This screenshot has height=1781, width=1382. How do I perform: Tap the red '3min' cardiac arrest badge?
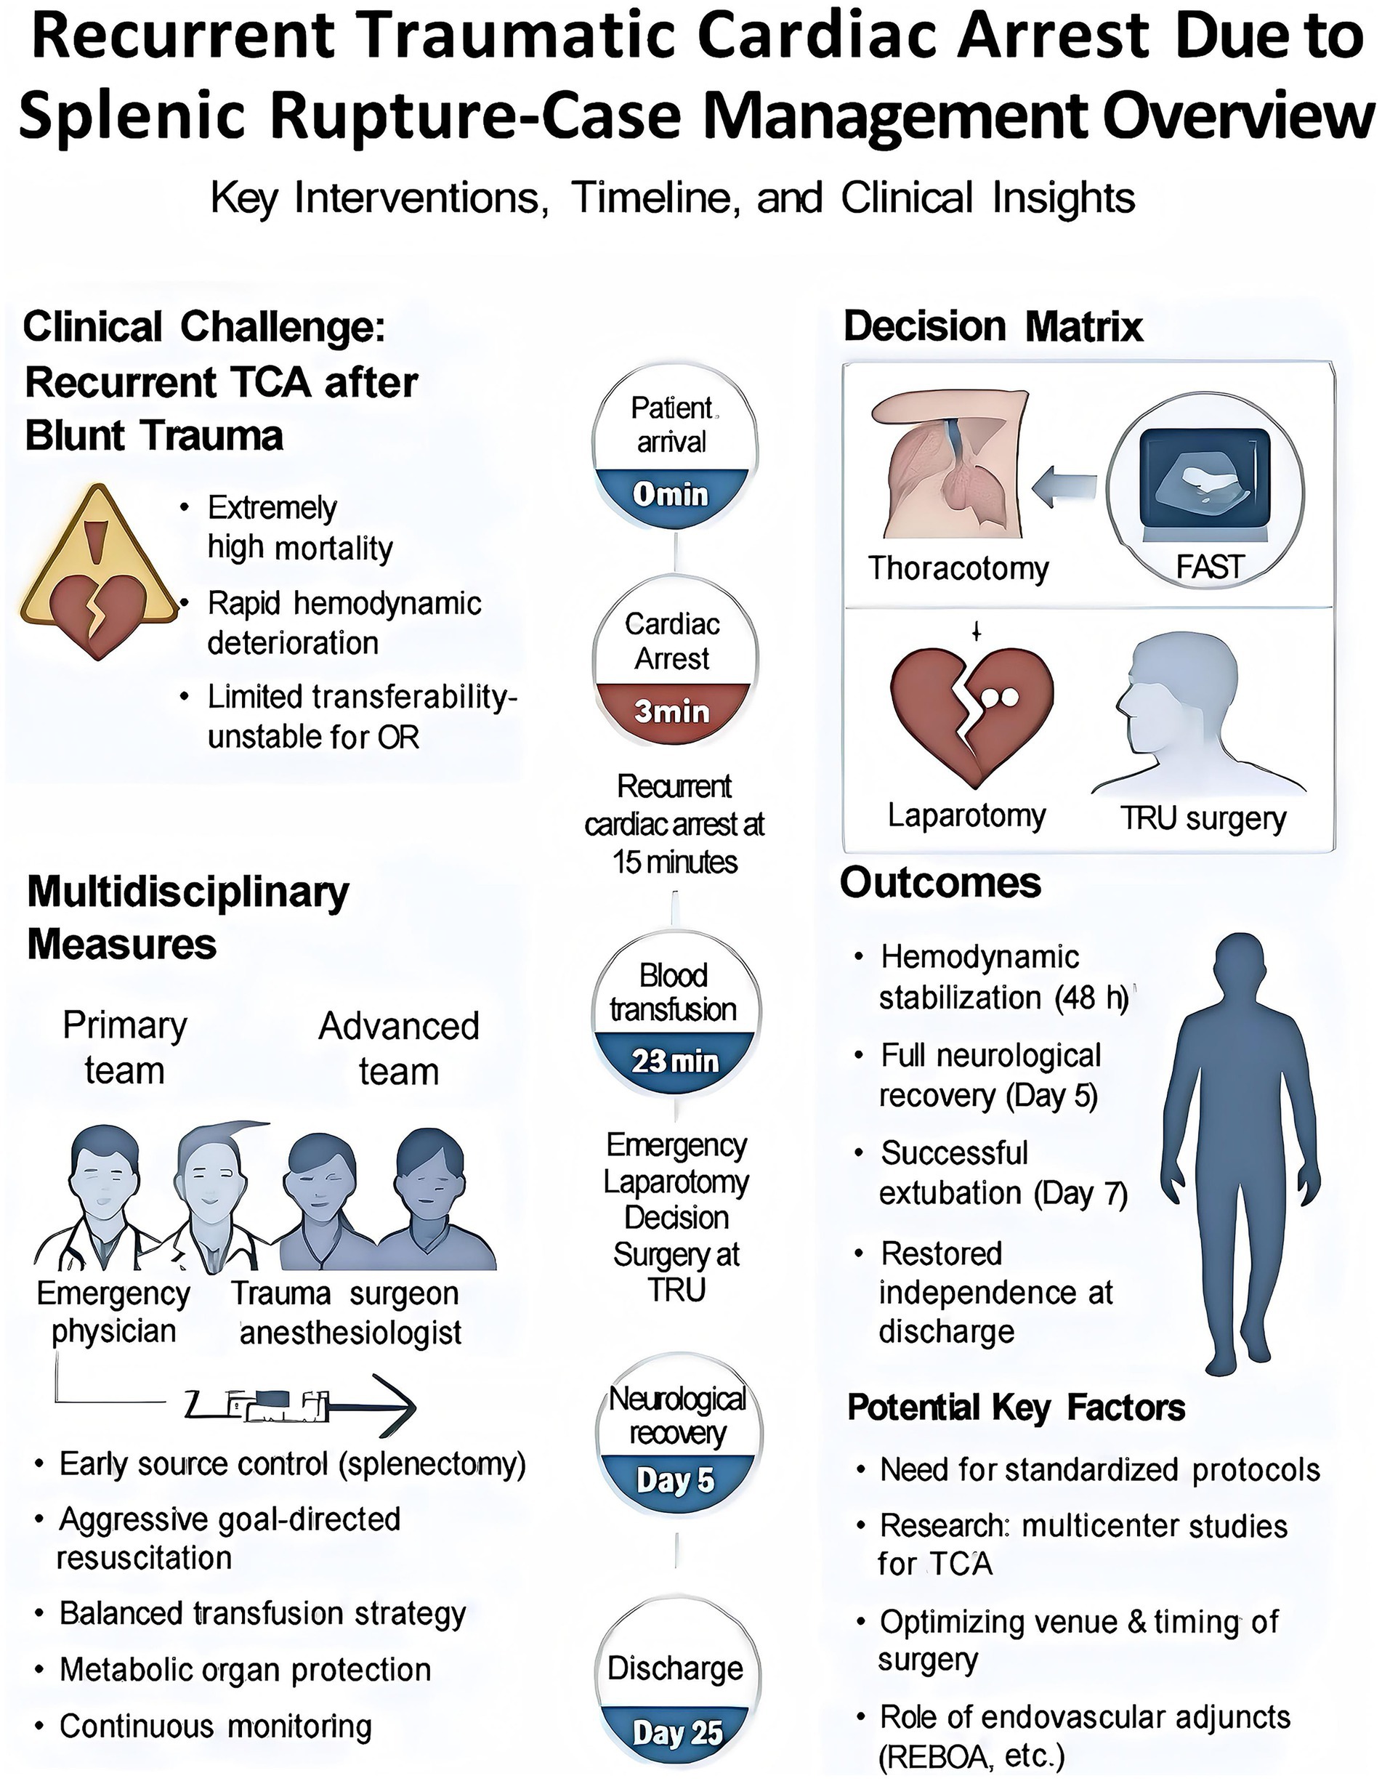point(671,712)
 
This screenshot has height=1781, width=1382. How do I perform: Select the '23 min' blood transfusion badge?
point(675,1061)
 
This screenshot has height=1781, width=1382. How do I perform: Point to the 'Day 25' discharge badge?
point(677,1732)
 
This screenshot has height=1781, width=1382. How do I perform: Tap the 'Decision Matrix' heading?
point(993,326)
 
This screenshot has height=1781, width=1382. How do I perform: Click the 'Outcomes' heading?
point(940,882)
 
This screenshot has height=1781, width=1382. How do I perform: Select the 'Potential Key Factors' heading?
point(1016,1407)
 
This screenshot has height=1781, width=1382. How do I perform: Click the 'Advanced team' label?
point(399,1048)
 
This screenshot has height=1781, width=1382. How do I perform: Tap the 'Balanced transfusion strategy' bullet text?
point(262,1613)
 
